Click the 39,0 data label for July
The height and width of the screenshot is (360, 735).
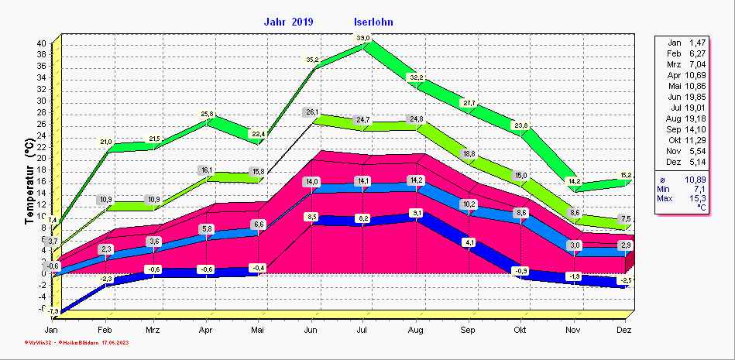click(x=363, y=38)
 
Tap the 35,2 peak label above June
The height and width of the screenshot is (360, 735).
click(x=311, y=60)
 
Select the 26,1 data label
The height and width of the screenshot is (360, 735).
click(x=311, y=112)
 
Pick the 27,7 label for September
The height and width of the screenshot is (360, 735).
click(x=469, y=103)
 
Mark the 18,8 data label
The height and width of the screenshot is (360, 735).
click(x=469, y=154)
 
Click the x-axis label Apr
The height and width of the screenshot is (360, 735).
click(x=206, y=330)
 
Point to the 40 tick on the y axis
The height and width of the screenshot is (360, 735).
click(x=41, y=43)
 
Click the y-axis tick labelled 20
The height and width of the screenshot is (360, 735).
click(x=41, y=158)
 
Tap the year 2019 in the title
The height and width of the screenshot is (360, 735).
click(x=303, y=22)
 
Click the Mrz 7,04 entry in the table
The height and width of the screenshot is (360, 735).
click(x=686, y=63)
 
